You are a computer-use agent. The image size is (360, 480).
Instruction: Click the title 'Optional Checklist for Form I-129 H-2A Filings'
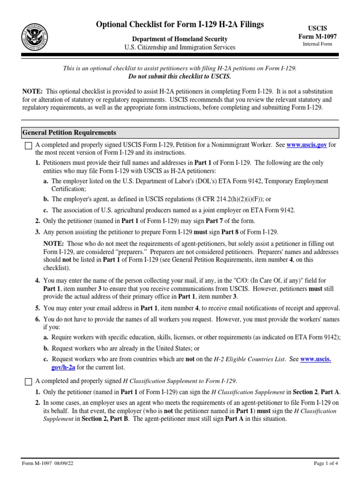click(180, 24)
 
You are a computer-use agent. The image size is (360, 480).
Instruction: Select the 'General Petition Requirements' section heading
click(69, 133)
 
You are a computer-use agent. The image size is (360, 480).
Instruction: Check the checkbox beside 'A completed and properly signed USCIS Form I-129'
click(28, 145)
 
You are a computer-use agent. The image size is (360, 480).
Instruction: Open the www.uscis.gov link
click(306, 145)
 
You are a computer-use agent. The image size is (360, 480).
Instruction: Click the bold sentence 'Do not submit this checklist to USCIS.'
click(180, 76)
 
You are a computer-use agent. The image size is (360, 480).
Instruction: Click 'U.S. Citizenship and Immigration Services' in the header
click(180, 47)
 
